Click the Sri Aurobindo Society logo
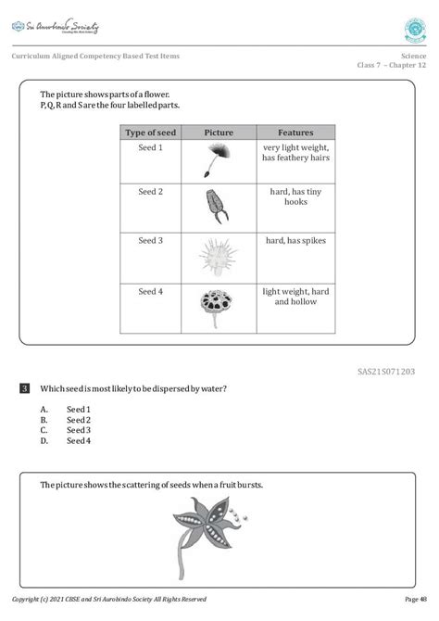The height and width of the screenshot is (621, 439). click(x=55, y=27)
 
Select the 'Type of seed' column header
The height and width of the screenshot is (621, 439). click(x=150, y=133)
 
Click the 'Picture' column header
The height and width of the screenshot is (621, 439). click(x=218, y=133)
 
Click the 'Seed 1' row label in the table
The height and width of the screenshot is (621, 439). click(x=150, y=147)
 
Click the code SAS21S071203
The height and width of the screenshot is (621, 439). click(x=386, y=371)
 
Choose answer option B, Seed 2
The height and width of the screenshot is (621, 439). click(x=78, y=420)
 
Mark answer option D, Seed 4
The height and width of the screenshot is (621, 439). click(x=78, y=441)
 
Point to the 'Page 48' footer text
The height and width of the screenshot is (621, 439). click(x=416, y=599)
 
